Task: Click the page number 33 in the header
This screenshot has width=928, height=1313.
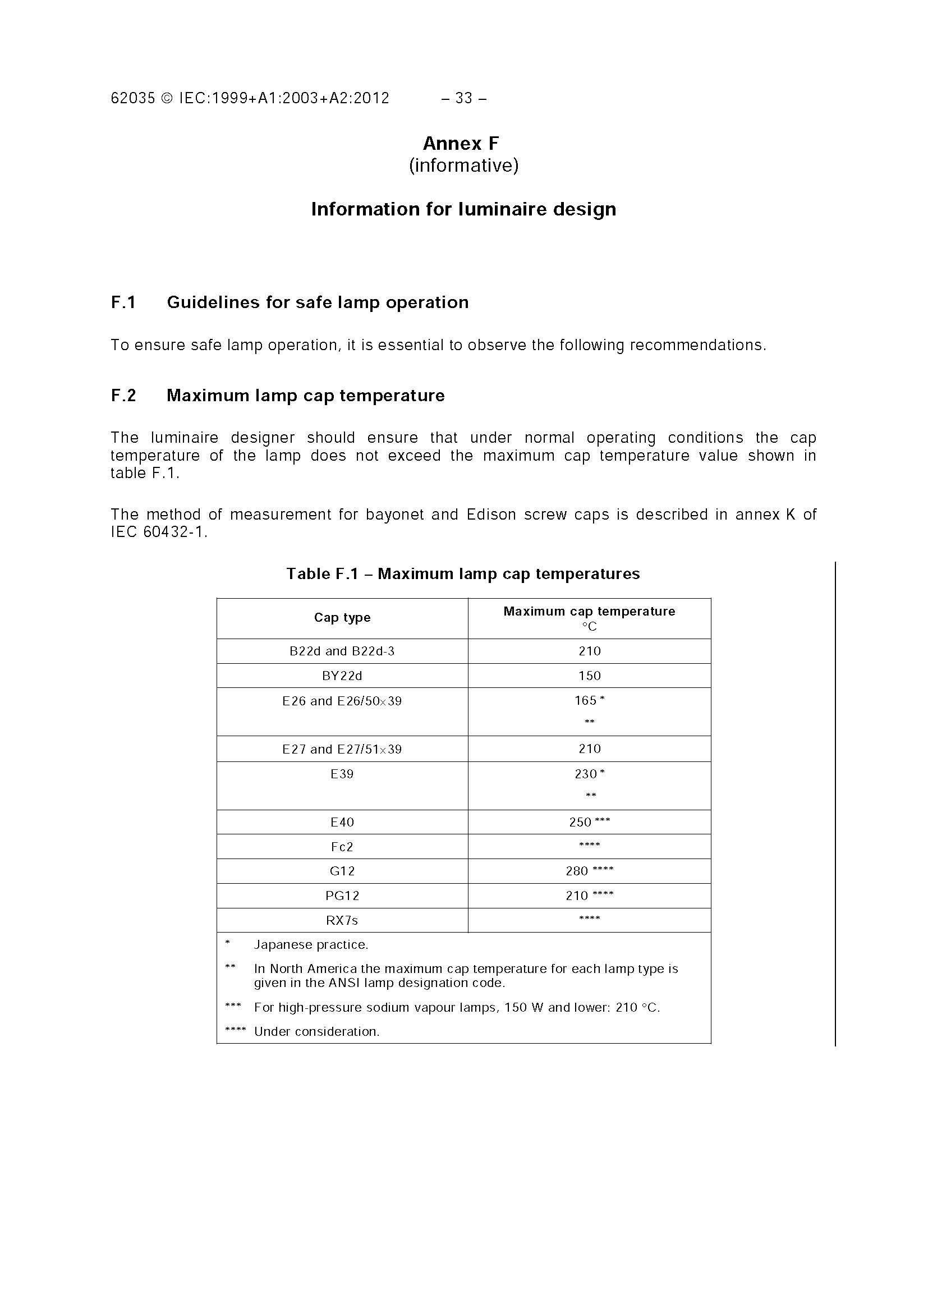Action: [463, 98]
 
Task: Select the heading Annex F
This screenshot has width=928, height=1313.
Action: [461, 143]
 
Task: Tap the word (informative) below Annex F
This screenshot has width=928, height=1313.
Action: [463, 166]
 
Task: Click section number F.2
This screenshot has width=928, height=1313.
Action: [123, 396]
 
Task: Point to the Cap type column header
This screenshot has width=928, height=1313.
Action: [342, 618]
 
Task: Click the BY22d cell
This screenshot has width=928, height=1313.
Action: [342, 676]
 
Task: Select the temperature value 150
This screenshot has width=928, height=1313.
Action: [590, 676]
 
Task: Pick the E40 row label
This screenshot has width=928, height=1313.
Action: [342, 823]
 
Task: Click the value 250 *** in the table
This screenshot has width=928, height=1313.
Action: [590, 823]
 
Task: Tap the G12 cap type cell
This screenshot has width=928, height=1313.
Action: [342, 871]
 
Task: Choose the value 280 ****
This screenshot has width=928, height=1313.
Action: [590, 871]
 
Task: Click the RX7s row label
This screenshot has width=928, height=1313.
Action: [342, 921]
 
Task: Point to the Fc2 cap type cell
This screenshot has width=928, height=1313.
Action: [342, 847]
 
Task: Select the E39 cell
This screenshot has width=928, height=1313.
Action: [342, 774]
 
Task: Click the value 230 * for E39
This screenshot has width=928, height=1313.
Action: [590, 774]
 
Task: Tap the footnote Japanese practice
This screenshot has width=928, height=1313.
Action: [311, 945]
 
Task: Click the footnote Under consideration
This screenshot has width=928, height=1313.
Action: [317, 1032]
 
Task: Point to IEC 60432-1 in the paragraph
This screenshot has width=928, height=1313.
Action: [159, 532]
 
